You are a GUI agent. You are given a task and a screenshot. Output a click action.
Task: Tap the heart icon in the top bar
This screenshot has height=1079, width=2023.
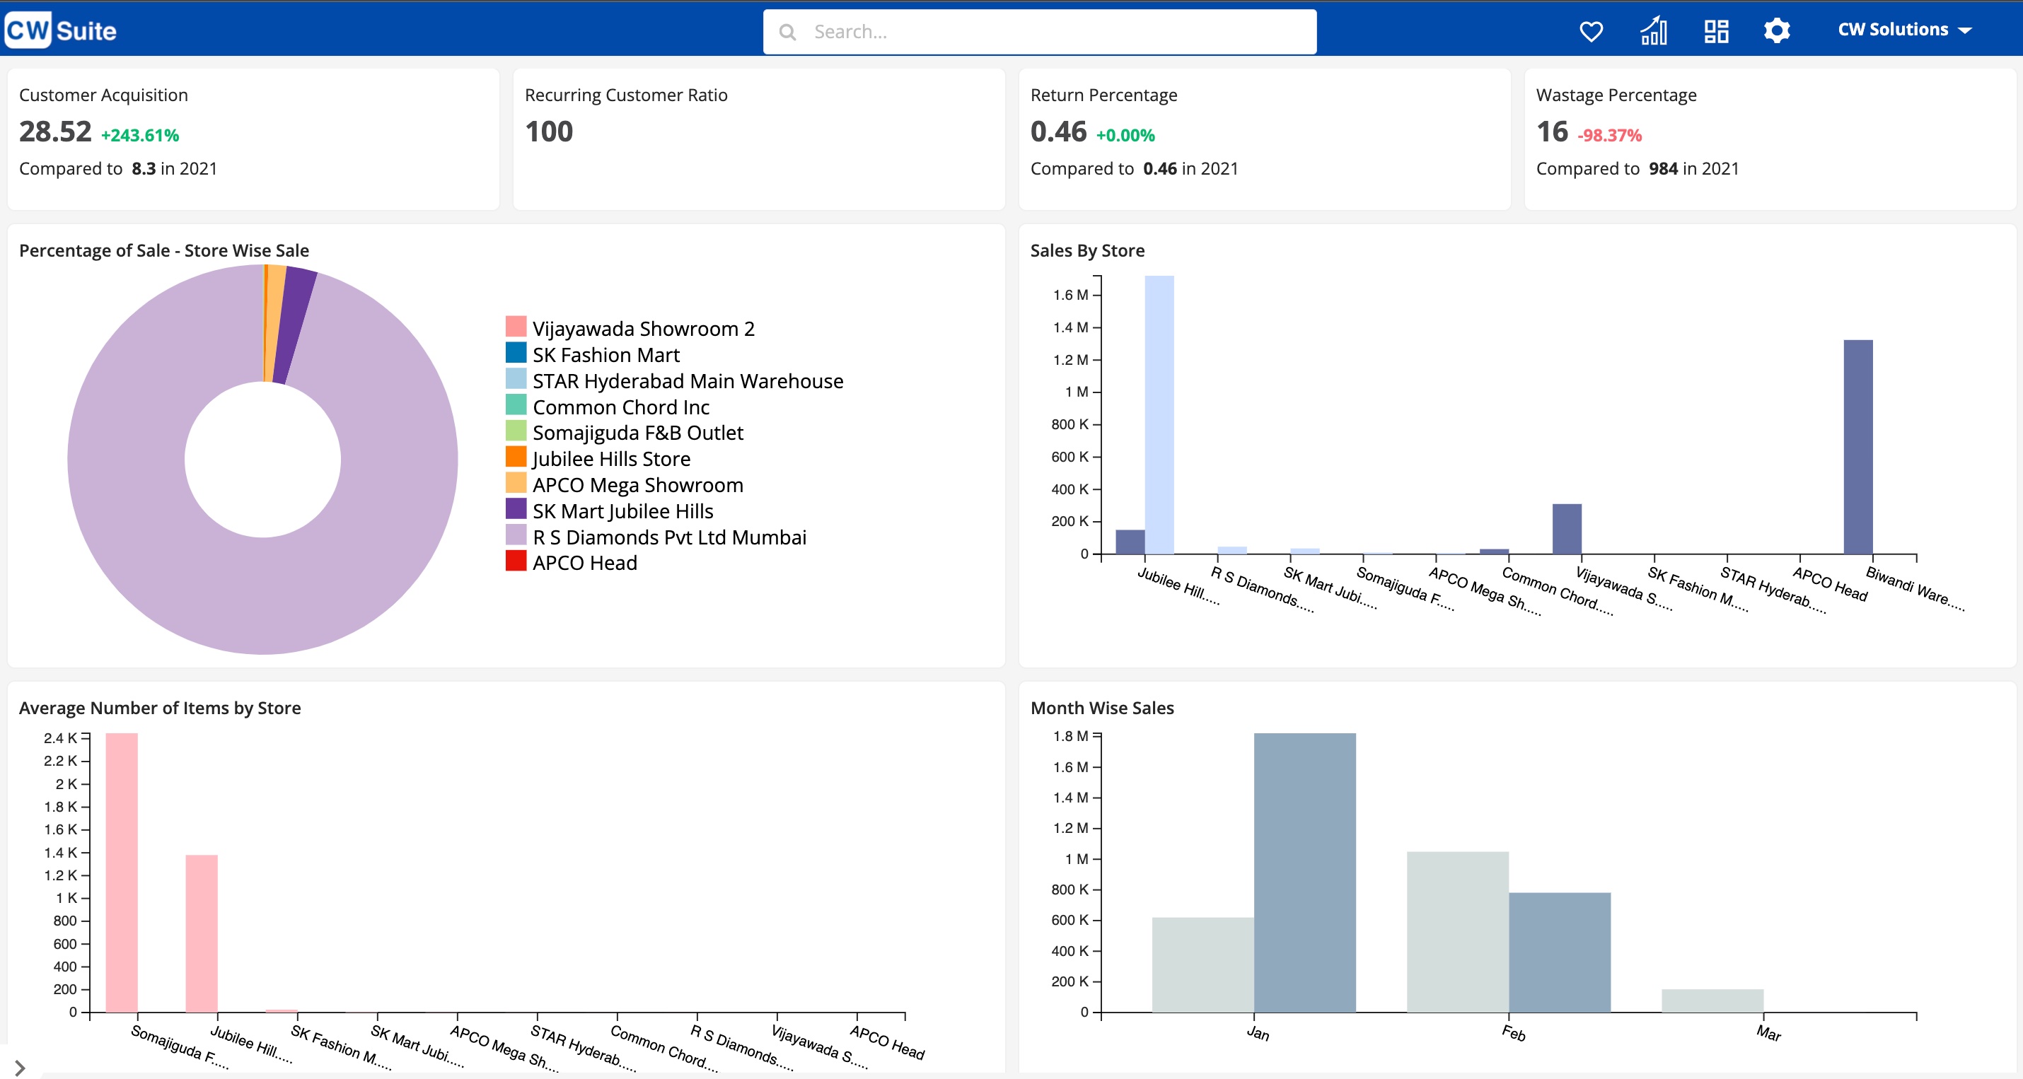pos(1591,31)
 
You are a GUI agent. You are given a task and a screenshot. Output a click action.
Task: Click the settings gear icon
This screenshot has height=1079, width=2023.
pos(1776,31)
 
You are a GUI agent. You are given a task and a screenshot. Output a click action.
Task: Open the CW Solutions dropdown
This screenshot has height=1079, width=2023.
pos(1903,30)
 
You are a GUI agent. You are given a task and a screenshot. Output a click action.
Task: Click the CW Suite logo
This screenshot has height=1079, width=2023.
pos(60,30)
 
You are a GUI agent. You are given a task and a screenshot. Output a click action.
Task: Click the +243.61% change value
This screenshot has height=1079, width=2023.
pos(140,135)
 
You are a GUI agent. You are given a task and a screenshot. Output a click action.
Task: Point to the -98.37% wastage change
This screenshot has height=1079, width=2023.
pos(1609,135)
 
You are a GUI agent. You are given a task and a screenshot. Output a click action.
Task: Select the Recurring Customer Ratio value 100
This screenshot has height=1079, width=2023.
pos(549,131)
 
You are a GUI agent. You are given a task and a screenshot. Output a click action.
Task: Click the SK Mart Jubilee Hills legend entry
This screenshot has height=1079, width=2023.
pos(622,511)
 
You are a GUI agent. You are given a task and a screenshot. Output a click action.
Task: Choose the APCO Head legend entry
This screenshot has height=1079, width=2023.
pos(584,563)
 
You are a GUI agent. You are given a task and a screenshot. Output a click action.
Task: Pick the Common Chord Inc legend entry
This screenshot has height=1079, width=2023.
pos(620,407)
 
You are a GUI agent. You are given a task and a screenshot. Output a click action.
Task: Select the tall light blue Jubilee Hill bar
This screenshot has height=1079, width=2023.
pos(1159,416)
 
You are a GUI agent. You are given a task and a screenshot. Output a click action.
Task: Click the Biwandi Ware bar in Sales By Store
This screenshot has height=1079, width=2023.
pos(1857,448)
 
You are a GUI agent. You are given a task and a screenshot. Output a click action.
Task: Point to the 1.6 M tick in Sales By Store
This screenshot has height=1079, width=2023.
pos(1072,296)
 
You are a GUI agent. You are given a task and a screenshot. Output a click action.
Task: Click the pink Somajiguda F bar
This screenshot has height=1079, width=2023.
pos(122,872)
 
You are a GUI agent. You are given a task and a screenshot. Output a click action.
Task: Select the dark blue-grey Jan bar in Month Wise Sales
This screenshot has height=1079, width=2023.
pos(1304,872)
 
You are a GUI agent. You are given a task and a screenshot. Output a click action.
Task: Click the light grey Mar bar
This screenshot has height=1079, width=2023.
pos(1712,1001)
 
